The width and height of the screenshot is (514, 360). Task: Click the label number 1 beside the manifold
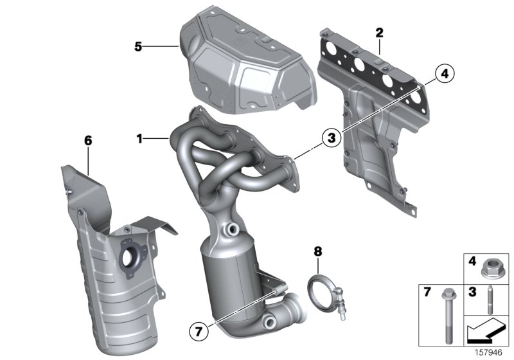click(139, 138)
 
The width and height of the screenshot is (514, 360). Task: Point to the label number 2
click(379, 32)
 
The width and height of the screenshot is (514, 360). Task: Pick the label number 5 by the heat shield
click(137, 46)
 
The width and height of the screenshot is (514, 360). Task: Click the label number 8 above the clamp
click(317, 251)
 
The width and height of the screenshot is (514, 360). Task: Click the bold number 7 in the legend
click(426, 292)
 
